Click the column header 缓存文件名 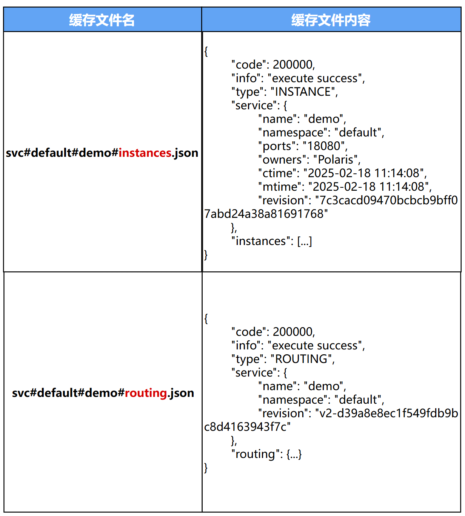pos(102,20)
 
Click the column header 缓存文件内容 pos(331,20)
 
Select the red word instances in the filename pos(145,153)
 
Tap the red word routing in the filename pos(146,393)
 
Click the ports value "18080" pos(323,146)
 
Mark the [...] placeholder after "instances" pos(305,241)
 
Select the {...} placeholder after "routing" pos(294,454)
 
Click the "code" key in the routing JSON pos(249,332)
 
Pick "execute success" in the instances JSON pos(315,78)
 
